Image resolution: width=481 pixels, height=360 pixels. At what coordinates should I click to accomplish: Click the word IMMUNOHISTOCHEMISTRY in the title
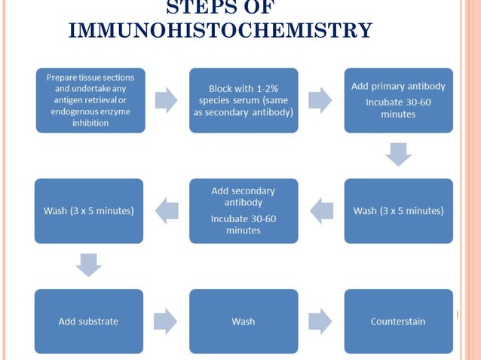[220, 30]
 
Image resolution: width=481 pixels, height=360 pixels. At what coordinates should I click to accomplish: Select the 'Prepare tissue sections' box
[90, 100]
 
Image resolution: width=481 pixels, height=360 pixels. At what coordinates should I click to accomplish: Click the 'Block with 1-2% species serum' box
[244, 100]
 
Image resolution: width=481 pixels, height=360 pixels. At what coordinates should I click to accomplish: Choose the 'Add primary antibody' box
[398, 100]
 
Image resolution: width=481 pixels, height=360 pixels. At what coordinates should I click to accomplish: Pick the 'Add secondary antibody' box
[244, 211]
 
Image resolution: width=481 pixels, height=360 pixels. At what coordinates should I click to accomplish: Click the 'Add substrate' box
[88, 322]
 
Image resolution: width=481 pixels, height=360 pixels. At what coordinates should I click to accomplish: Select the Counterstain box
[398, 322]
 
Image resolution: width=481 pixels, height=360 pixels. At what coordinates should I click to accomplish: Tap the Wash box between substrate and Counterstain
[244, 322]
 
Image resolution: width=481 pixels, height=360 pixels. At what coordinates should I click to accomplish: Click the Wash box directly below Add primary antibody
[398, 211]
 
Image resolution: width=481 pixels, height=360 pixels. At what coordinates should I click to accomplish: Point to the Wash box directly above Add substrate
[88, 211]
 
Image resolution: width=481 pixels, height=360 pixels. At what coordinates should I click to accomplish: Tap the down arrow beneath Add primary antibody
[398, 154]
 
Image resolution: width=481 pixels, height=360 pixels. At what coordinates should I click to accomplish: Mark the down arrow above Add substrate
[88, 265]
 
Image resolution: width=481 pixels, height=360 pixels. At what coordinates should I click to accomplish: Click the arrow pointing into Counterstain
[320, 322]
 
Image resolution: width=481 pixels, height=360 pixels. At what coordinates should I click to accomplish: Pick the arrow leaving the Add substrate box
[166, 322]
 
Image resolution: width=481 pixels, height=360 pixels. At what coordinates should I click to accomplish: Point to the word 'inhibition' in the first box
[90, 122]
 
